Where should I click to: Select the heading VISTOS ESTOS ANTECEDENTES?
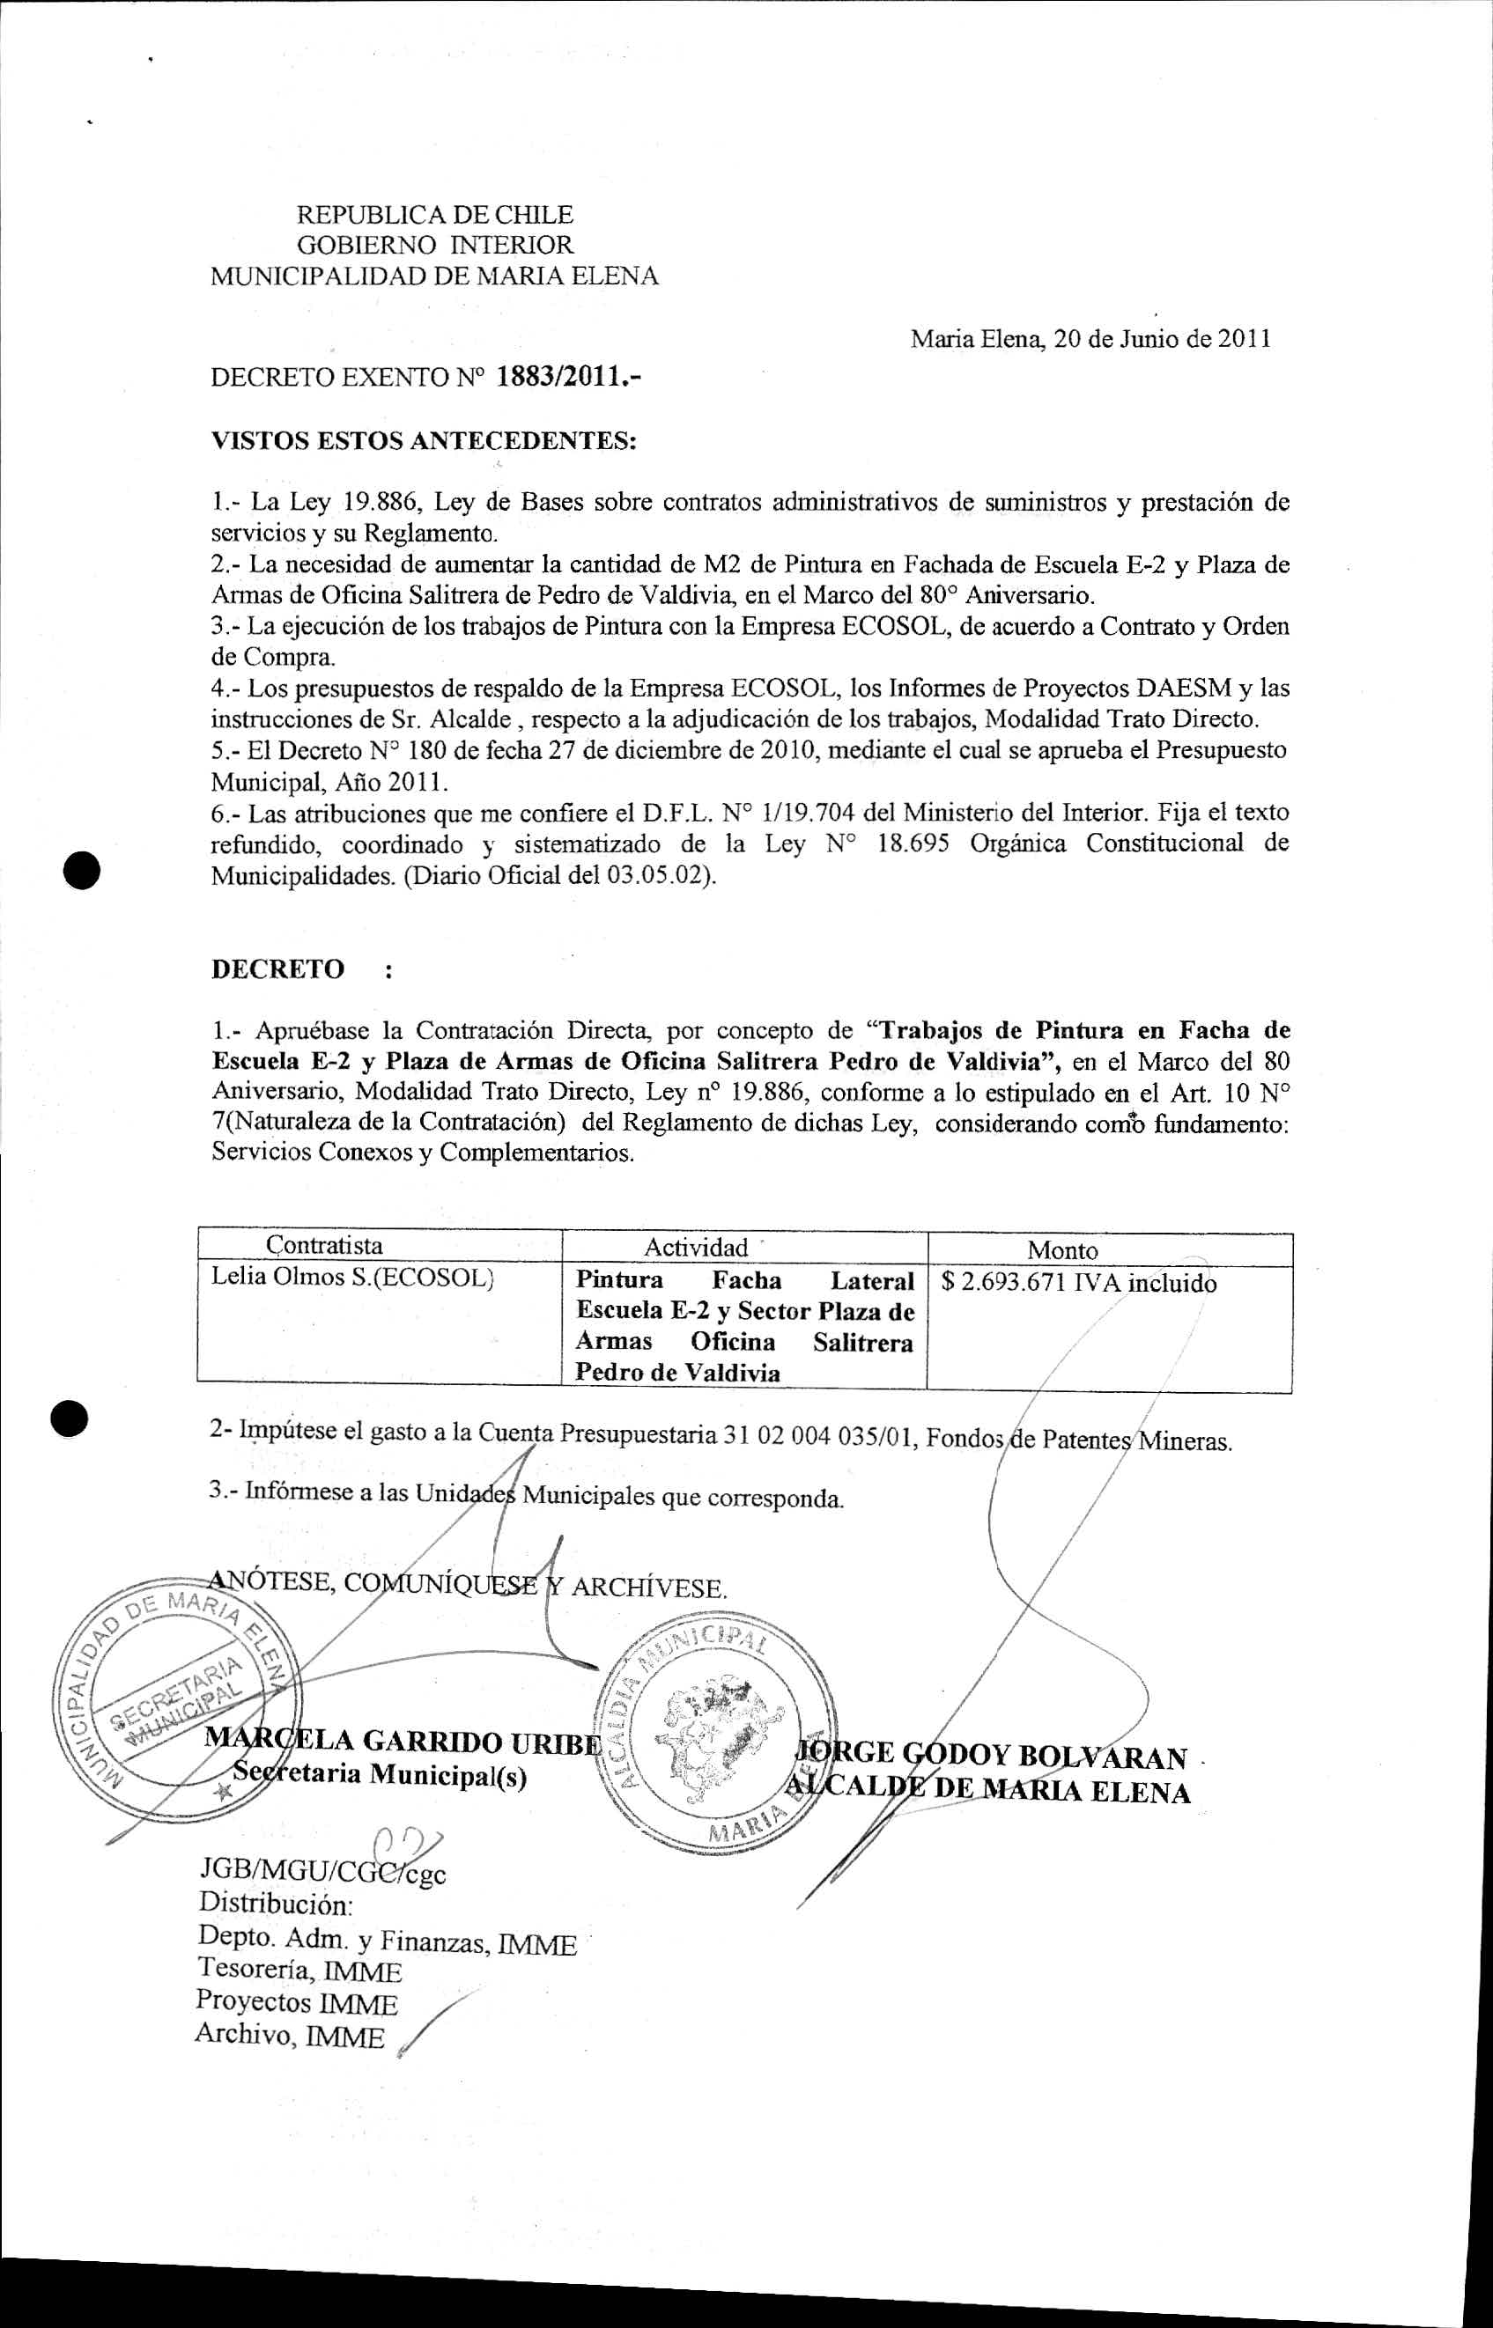(424, 441)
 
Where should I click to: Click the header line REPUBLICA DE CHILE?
(433, 214)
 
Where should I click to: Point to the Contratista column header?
(324, 1245)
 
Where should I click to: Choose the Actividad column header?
(696, 1248)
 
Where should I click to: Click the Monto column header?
(1062, 1250)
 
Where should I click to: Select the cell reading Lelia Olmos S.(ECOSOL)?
(353, 1278)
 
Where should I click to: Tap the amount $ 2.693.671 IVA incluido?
(1079, 1283)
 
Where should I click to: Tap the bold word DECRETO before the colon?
(277, 969)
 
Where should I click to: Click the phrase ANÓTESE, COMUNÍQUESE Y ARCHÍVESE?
(468, 1586)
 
